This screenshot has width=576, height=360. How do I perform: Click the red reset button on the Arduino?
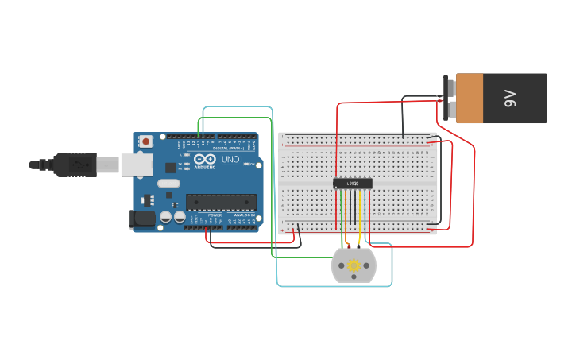click(146, 141)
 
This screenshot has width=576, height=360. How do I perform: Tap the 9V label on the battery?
click(510, 99)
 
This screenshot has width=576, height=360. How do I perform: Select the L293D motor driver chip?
click(353, 184)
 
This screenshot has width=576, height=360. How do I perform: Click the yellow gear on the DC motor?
click(354, 265)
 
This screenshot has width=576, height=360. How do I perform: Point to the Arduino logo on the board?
click(204, 159)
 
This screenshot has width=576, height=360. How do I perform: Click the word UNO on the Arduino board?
click(230, 159)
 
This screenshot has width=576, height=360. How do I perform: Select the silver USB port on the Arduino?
click(137, 165)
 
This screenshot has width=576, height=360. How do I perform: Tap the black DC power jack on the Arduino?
click(141, 219)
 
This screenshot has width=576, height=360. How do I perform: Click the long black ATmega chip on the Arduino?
click(221, 203)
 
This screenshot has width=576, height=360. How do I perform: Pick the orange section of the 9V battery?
click(470, 99)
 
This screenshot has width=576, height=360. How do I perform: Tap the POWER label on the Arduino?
click(215, 215)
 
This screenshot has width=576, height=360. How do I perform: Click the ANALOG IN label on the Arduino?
click(243, 215)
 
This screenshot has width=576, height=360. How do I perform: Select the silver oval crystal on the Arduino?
click(168, 184)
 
